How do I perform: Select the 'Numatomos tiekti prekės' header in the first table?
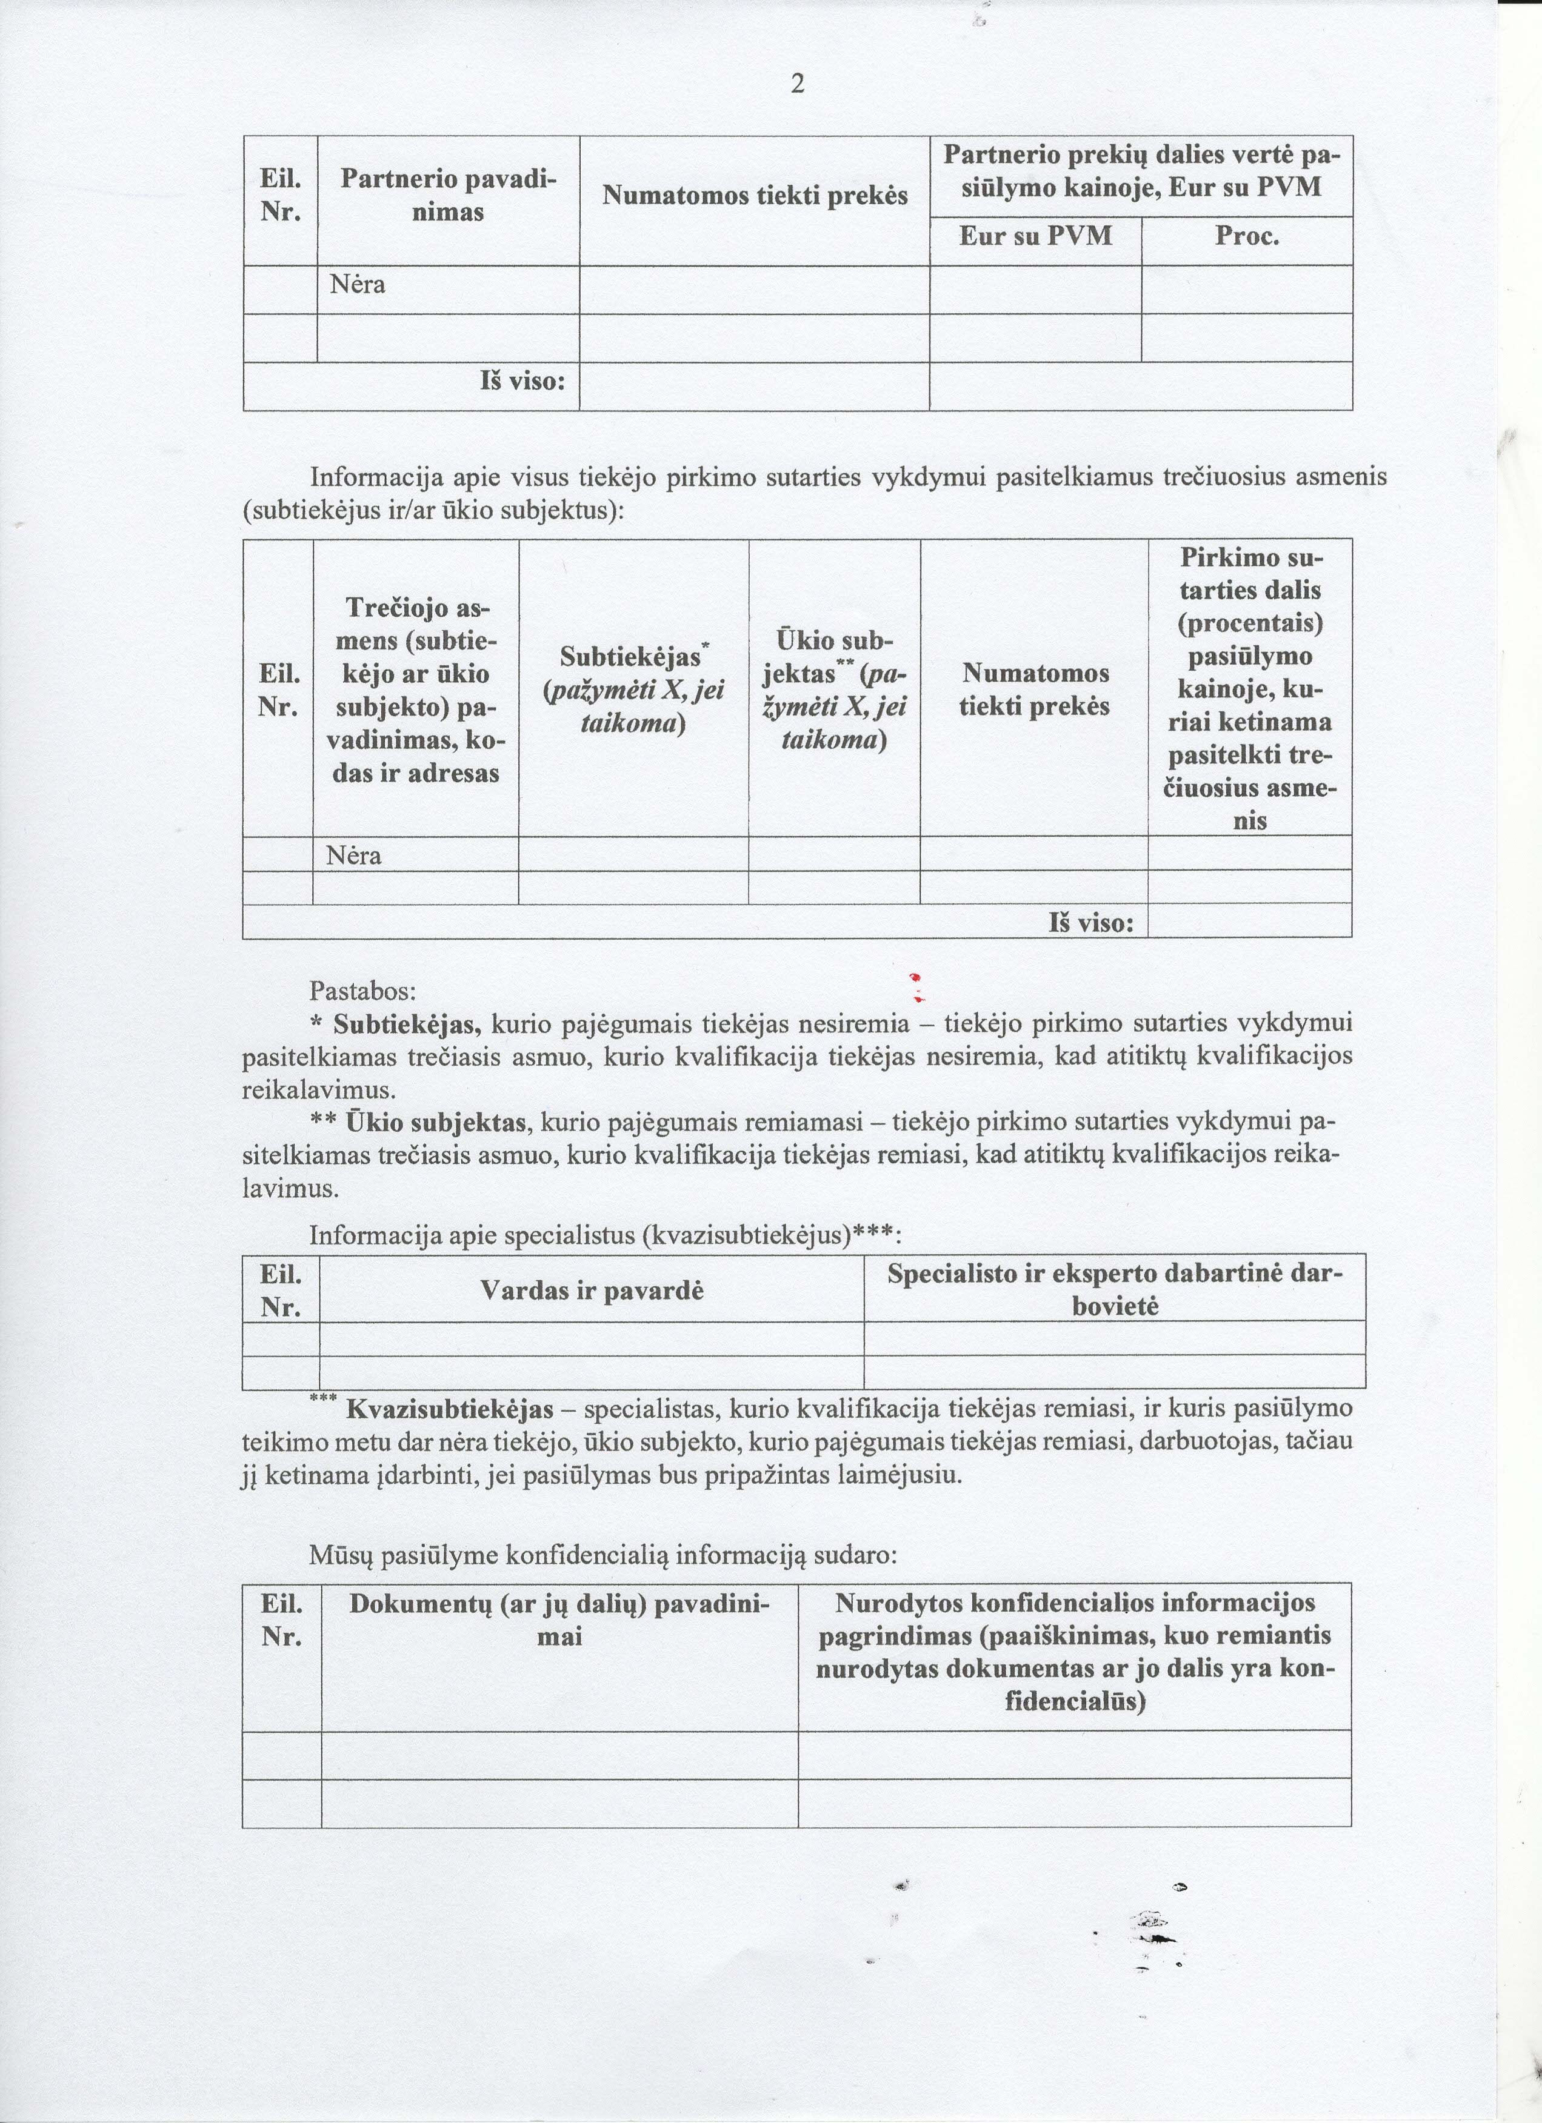755,196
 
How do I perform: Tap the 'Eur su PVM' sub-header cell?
1035,236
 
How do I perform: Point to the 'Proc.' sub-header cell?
1247,236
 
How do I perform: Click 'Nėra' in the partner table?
358,285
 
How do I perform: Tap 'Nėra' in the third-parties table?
354,856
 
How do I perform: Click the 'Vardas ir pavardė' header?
592,1291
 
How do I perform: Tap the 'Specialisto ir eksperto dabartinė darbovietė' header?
1114,1290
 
